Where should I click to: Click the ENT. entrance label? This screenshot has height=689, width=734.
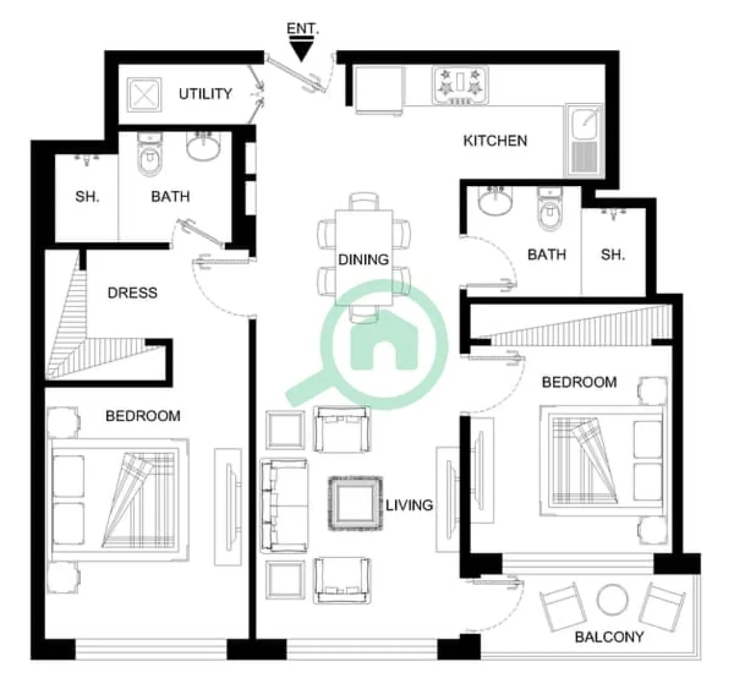pos(302,29)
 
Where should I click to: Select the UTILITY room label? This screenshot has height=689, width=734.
pos(205,94)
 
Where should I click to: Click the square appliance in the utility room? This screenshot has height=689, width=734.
pos(144,95)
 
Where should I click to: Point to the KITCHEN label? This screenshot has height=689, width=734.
pos(495,140)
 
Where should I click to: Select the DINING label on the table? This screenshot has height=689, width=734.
pos(363,259)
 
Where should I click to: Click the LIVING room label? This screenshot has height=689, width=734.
pos(409,505)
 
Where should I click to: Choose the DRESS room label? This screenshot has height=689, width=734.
pos(132,293)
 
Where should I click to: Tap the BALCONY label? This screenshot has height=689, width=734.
pos(609,637)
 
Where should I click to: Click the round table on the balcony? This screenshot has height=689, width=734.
pos(612,600)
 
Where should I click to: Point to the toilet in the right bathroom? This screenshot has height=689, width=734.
pos(549,211)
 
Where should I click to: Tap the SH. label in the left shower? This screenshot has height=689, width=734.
pos(87,197)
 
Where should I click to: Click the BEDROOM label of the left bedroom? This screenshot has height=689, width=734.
pos(143,416)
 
